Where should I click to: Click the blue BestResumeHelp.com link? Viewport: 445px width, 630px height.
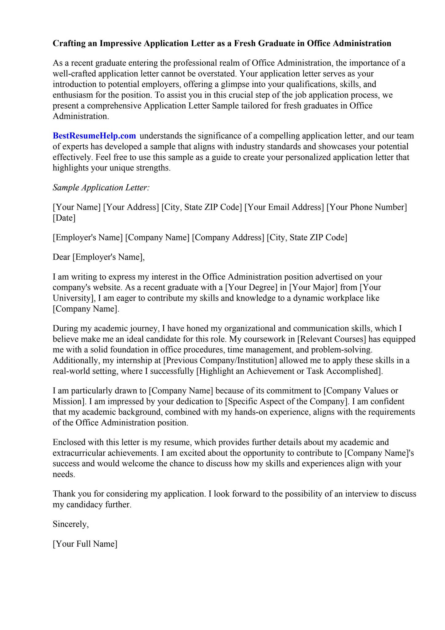tap(94, 136)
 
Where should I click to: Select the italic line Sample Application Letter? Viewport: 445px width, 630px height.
tap(101, 187)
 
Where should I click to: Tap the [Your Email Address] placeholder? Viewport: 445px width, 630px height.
tap(284, 207)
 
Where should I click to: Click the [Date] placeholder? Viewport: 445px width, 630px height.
tap(64, 218)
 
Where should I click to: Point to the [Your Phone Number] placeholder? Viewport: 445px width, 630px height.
tap(367, 207)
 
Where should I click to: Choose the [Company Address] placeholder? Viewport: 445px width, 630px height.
tap(228, 237)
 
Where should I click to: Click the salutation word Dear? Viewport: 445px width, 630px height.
tap(62, 257)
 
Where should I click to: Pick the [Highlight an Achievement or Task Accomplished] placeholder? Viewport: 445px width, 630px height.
tap(289, 371)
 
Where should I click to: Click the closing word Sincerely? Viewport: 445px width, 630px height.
tap(70, 524)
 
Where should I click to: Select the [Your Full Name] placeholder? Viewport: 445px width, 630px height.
tap(85, 544)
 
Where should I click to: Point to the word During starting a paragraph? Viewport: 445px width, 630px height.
tap(66, 328)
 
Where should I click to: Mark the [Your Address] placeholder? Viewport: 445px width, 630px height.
tap(131, 207)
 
